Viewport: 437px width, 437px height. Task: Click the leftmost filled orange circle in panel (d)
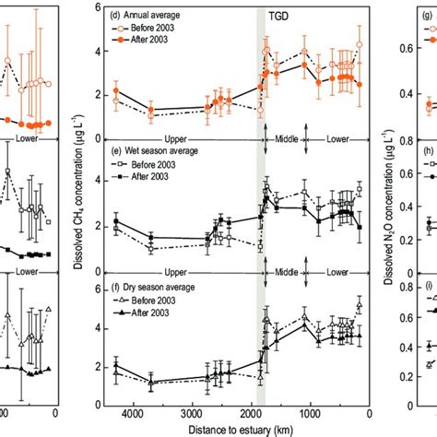[x=116, y=92]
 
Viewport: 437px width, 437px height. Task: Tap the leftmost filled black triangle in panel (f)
[x=116, y=366]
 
